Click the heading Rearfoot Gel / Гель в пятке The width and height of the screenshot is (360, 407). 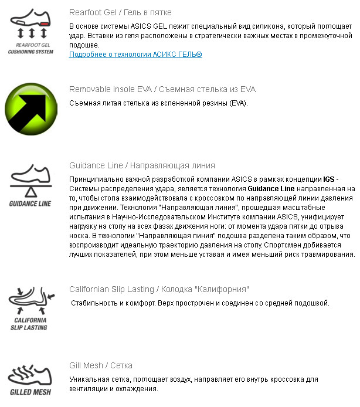pos(120,12)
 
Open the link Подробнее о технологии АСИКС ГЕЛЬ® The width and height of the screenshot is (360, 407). pos(135,54)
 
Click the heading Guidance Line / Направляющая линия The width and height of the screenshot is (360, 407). pos(142,165)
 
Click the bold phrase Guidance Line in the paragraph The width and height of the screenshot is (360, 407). pos(271,189)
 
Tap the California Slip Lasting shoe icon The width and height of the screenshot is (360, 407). pos(31,300)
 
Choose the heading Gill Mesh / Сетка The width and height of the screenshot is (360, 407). pos(101,365)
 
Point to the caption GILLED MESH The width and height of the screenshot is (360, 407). pos(31,392)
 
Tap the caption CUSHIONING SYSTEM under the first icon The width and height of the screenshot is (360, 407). pos(31,52)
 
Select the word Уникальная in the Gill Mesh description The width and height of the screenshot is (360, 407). pos(88,379)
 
